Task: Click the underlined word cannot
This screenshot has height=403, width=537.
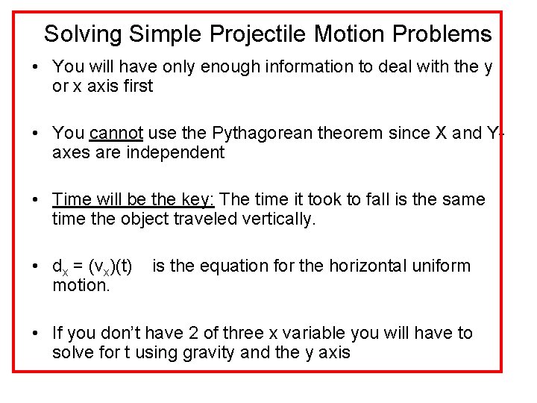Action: (116, 134)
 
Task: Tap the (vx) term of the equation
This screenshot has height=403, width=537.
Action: (104, 267)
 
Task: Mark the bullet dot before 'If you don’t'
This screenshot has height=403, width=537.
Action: (37, 333)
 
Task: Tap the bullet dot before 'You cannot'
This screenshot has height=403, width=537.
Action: (37, 134)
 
